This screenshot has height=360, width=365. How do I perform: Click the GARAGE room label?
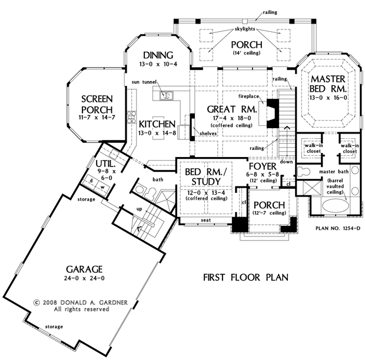[84, 269]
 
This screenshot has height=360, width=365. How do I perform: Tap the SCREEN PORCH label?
[97, 105]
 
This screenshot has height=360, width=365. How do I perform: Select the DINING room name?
[158, 55]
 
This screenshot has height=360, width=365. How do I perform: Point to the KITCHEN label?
[157, 124]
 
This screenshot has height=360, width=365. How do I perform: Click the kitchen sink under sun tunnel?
[166, 95]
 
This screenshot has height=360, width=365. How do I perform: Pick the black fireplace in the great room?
[273, 114]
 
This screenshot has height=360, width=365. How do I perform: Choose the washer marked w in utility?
[102, 188]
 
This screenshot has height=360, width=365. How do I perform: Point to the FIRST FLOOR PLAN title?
[246, 278]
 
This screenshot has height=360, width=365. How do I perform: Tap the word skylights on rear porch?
[244, 29]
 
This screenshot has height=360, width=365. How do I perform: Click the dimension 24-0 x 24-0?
[84, 278]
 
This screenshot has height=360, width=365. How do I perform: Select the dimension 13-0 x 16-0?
[328, 98]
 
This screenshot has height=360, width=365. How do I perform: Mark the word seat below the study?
[206, 220]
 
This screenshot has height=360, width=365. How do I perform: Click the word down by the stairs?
[286, 162]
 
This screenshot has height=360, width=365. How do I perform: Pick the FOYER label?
[263, 166]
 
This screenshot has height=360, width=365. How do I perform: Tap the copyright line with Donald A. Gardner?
[81, 302]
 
